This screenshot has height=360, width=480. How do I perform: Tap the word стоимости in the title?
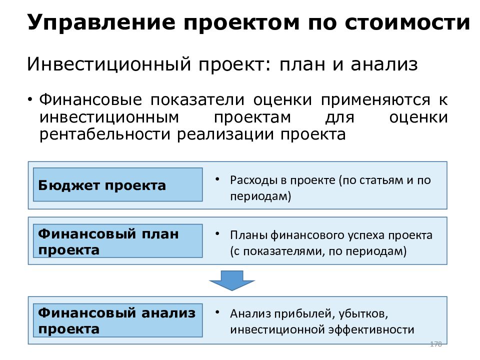coord(407,22)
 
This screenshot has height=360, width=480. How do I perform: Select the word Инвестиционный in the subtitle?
coord(109,64)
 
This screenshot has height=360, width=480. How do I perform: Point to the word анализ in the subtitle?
coord(384,64)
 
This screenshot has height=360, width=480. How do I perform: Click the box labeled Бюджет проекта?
coord(118,184)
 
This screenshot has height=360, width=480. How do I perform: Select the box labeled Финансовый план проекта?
coord(118,241)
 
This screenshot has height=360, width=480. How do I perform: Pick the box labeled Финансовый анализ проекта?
coord(118,320)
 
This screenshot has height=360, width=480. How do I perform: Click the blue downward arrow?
coord(232,280)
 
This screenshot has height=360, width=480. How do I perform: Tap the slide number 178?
coord(436,344)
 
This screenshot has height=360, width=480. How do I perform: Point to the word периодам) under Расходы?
coord(260,196)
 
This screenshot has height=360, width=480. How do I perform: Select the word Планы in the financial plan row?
coord(249,235)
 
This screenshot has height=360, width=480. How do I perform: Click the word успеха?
coord(366,235)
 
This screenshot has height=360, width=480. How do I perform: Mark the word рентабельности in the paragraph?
coord(104,134)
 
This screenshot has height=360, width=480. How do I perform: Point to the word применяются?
coord(375,100)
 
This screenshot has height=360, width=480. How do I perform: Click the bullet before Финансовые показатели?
coord(30,99)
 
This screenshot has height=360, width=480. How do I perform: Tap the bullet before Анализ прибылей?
coord(217,312)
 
